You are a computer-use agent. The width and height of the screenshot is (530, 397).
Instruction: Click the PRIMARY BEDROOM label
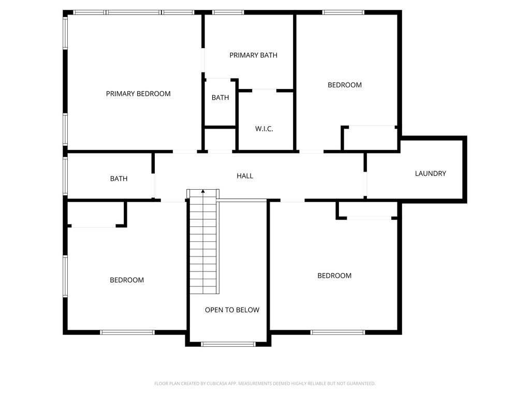(x=138, y=94)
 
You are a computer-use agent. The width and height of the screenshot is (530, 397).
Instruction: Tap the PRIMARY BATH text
(x=253, y=55)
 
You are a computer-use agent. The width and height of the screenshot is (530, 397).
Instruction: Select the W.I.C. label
(x=264, y=129)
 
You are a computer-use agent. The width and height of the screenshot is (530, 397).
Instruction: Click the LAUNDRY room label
(x=430, y=174)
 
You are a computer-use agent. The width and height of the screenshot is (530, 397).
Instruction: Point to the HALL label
(x=245, y=176)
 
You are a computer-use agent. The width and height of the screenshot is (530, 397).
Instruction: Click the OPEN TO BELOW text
(x=232, y=310)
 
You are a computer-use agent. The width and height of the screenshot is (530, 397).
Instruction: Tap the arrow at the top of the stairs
(x=203, y=192)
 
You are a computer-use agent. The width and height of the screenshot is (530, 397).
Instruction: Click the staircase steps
(x=203, y=243)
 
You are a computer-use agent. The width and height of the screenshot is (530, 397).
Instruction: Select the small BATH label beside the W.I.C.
(x=220, y=97)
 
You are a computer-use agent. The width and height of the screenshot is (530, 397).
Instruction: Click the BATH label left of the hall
(x=119, y=179)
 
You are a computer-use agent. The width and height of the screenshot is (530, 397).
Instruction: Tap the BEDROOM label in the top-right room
(x=344, y=85)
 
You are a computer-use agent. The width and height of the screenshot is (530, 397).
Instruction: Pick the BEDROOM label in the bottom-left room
(x=127, y=280)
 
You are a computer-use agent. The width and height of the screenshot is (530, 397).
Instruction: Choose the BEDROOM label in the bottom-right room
(x=334, y=276)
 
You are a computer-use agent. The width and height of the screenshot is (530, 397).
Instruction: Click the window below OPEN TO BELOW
(x=228, y=344)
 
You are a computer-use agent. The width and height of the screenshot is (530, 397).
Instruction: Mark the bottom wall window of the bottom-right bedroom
(x=338, y=332)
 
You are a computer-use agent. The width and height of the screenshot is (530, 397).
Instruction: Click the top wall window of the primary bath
(x=228, y=12)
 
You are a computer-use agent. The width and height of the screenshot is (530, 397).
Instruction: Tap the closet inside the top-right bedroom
(x=370, y=138)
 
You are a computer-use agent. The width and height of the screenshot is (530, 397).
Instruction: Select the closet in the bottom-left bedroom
(x=95, y=214)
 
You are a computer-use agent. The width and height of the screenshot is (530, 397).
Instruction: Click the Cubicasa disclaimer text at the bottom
(x=264, y=384)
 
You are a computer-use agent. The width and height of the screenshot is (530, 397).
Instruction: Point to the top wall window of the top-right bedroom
(x=343, y=12)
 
